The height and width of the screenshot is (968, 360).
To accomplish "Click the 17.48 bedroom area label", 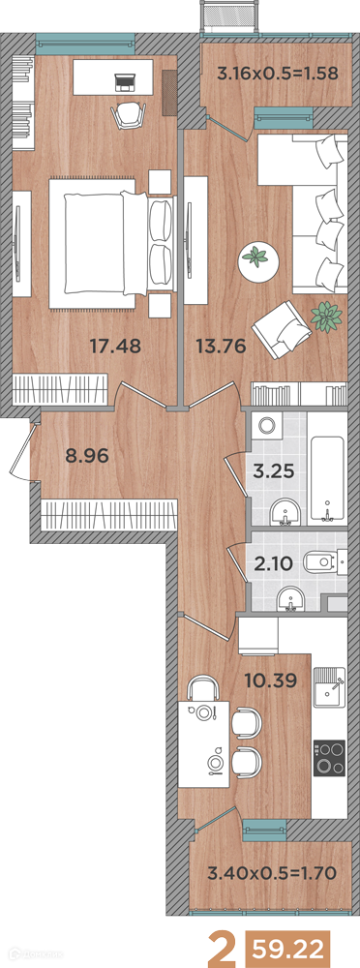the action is click(115, 347).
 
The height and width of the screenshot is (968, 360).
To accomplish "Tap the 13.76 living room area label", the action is click(221, 347).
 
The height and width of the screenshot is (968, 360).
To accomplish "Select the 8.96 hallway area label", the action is click(87, 456).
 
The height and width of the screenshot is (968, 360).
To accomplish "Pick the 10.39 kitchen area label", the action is click(272, 681).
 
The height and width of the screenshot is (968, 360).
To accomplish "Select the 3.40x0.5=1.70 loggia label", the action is click(272, 873).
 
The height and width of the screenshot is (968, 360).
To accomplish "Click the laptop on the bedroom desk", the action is click(126, 79).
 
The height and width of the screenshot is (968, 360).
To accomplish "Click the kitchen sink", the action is click(330, 690).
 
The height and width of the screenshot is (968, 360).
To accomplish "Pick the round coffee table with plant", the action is click(255, 257).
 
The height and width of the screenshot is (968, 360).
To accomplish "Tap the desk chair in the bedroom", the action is click(127, 115).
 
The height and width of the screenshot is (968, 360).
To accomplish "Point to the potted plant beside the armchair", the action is click(326, 318).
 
